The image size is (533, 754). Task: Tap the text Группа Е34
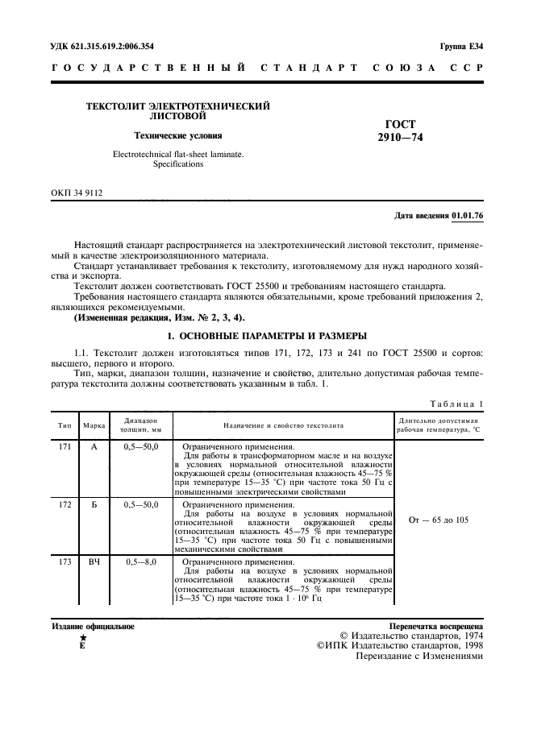pyautogui.click(x=460, y=46)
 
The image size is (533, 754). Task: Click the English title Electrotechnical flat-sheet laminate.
pyautogui.click(x=178, y=154)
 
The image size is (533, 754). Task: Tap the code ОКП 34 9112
pyautogui.click(x=77, y=193)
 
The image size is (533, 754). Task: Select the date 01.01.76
pyautogui.click(x=467, y=217)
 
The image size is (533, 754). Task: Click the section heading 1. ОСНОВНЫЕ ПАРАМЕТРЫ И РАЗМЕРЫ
pyautogui.click(x=267, y=334)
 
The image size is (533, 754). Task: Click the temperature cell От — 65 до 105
pyautogui.click(x=439, y=520)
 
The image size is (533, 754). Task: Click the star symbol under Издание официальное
pyautogui.click(x=82, y=637)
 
